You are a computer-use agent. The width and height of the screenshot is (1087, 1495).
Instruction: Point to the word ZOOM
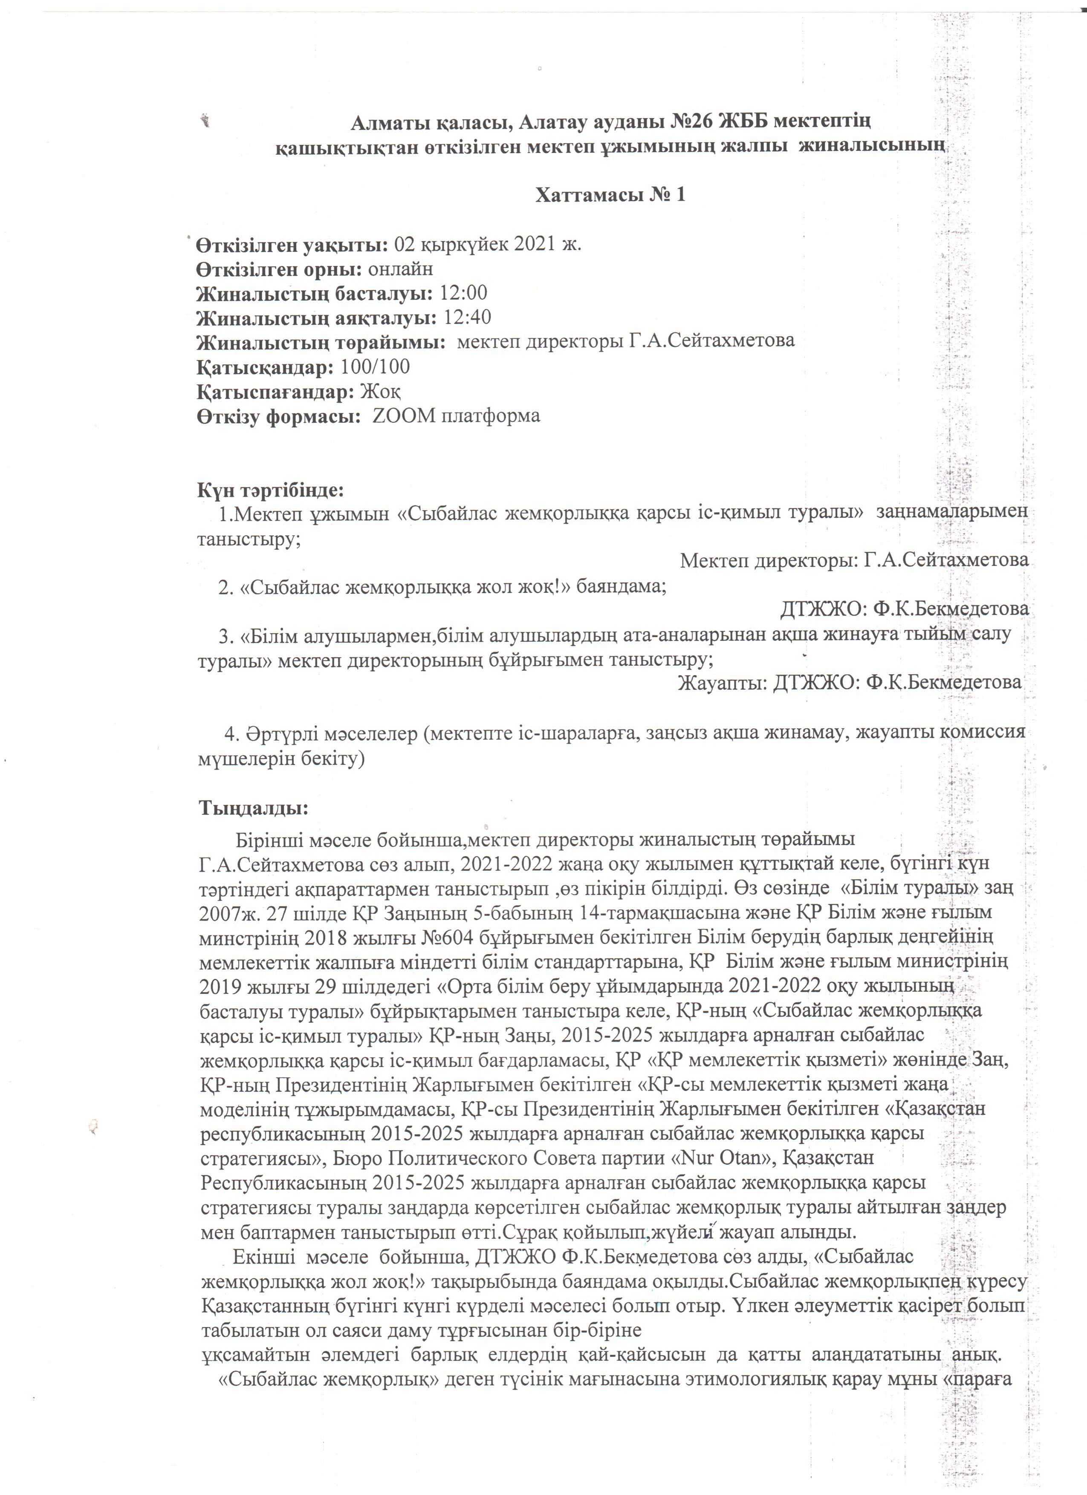click(401, 416)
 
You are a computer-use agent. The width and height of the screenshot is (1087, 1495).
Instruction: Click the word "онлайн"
click(401, 269)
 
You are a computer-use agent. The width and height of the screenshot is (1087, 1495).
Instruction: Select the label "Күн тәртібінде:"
click(270, 491)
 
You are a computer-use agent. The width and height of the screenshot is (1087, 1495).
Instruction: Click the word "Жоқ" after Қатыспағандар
click(380, 392)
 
